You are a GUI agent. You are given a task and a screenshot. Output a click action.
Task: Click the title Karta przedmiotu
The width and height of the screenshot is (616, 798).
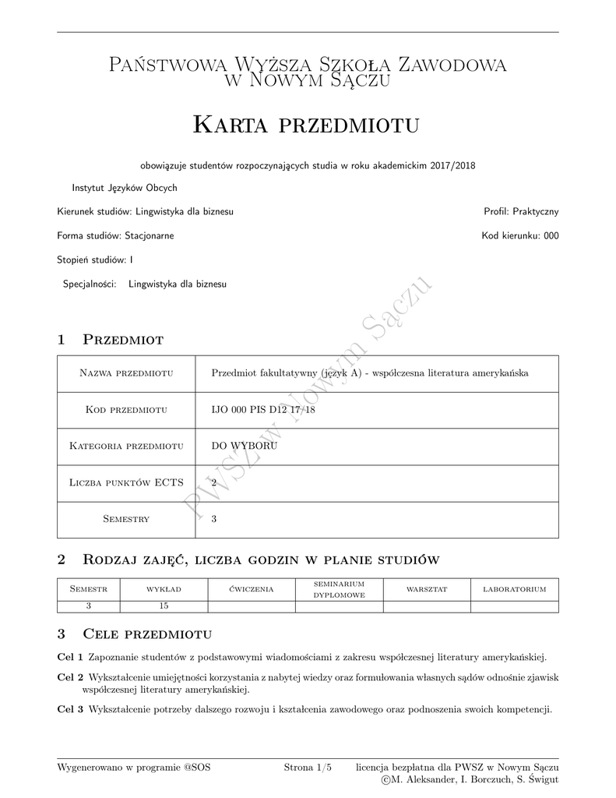pyautogui.click(x=306, y=124)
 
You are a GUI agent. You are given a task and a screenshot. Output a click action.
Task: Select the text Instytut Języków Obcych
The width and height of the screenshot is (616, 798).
pyautogui.click(x=125, y=188)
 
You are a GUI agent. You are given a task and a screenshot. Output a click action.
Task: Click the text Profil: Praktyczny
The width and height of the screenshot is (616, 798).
pyautogui.click(x=521, y=211)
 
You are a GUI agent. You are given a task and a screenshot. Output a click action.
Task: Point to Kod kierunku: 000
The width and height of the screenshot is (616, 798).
pyautogui.click(x=519, y=235)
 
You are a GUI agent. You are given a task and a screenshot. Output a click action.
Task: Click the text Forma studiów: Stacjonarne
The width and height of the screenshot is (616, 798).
pyautogui.click(x=115, y=235)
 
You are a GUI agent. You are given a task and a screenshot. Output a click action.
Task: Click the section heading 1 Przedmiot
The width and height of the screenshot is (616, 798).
pyautogui.click(x=111, y=339)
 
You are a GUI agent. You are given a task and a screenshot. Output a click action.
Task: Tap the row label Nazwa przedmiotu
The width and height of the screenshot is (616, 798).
pyautogui.click(x=126, y=373)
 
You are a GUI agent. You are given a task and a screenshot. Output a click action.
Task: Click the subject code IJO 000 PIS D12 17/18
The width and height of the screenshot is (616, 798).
pyautogui.click(x=263, y=410)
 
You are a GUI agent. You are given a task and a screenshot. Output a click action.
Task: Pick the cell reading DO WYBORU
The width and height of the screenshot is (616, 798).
pyautogui.click(x=245, y=446)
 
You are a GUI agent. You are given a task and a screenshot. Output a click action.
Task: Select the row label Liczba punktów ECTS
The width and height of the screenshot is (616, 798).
pyautogui.click(x=126, y=482)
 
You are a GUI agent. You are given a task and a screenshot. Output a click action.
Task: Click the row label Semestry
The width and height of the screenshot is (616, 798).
pyautogui.click(x=126, y=519)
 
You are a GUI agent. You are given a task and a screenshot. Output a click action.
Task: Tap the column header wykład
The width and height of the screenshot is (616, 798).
pyautogui.click(x=164, y=589)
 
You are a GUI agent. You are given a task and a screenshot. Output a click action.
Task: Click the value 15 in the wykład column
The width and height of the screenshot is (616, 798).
pyautogui.click(x=164, y=606)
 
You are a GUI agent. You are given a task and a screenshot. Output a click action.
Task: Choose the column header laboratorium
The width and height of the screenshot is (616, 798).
pyautogui.click(x=515, y=589)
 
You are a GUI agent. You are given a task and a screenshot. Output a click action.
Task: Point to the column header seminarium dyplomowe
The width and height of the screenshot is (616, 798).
pyautogui.click(x=339, y=589)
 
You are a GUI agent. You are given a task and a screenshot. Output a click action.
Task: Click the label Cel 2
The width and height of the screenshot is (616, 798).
pyautogui.click(x=70, y=677)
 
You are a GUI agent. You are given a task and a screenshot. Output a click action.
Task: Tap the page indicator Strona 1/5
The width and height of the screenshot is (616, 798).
pyautogui.click(x=308, y=768)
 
